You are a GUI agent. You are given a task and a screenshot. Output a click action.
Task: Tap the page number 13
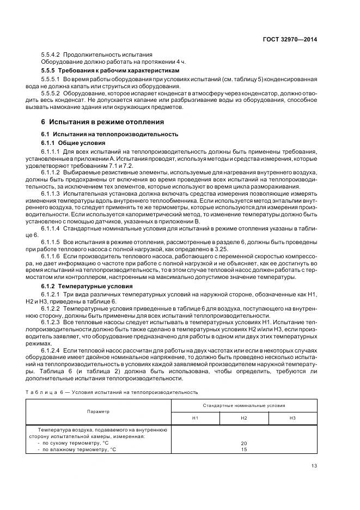pos(314,465)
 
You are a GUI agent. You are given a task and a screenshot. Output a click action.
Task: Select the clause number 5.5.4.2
pos(51,54)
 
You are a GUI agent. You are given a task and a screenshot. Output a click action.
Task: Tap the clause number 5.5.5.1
pos(51,79)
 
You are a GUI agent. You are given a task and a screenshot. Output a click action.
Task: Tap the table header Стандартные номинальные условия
pos(244,406)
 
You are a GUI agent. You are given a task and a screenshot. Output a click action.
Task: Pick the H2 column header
pos(244,418)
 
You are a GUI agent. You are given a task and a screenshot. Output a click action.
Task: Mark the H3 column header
pos(292,418)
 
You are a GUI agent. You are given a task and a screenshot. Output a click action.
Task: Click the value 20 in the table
pos(244,443)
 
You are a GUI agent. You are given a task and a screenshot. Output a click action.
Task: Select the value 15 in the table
pos(244,450)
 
